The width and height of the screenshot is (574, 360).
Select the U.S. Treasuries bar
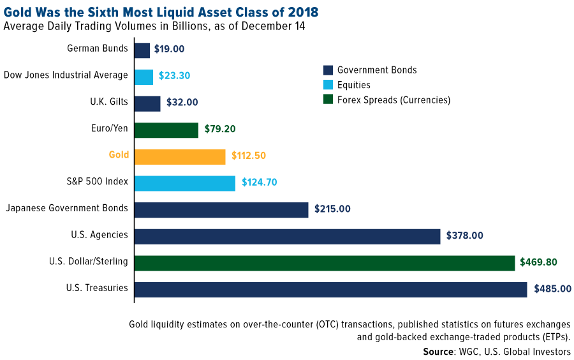331,289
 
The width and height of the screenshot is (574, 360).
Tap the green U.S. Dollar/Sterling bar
325,263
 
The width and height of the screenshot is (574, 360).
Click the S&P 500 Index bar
185,183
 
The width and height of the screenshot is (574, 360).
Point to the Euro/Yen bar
166,130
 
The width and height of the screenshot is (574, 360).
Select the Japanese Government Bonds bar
221,210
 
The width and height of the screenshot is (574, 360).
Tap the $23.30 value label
174,75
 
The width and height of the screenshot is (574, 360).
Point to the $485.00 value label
552,289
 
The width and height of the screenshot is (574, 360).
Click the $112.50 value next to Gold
251,156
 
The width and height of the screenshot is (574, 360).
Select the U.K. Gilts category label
108,101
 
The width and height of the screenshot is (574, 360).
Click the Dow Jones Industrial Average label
66,75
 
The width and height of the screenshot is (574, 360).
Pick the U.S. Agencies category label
99,235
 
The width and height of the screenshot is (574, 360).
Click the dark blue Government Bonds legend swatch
329,70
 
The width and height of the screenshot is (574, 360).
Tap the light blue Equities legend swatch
329,85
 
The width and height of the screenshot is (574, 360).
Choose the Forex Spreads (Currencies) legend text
394,100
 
